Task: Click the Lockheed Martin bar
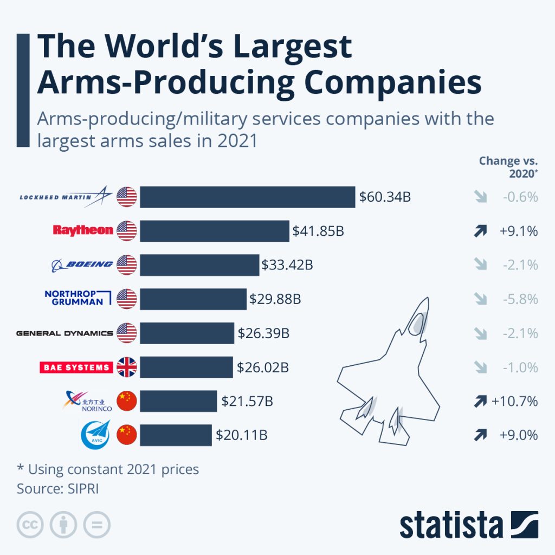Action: tap(247, 197)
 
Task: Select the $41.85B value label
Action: tap(318, 231)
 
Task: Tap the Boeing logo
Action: tap(82, 264)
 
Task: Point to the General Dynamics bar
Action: tap(187, 333)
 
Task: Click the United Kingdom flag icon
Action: tap(127, 367)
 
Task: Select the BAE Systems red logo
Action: tap(76, 367)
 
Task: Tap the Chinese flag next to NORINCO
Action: tap(127, 401)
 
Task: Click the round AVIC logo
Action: tap(95, 435)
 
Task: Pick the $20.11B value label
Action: tap(241, 435)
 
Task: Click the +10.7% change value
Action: tap(514, 401)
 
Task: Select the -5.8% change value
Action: tap(520, 299)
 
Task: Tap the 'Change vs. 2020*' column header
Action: tap(508, 166)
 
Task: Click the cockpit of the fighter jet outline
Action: tap(416, 324)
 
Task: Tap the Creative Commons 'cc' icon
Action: tap(30, 524)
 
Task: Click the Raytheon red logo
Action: tap(83, 230)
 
